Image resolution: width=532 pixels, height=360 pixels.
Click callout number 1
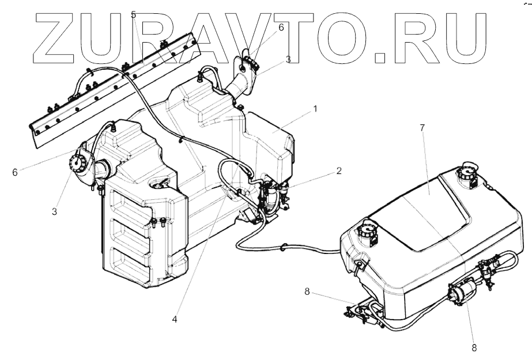pos(315,108)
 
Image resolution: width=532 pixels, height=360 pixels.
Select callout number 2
pos(339,170)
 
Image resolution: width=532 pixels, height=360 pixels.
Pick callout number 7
pos(422,127)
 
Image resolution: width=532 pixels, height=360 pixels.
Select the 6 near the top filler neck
pos(281,27)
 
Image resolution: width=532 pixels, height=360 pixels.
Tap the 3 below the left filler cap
pos(54,211)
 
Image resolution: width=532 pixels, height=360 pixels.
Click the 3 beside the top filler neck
pos(288,59)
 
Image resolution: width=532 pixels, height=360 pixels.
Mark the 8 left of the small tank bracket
pos(307,293)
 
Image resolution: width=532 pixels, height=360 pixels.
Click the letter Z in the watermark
pos(56,36)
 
